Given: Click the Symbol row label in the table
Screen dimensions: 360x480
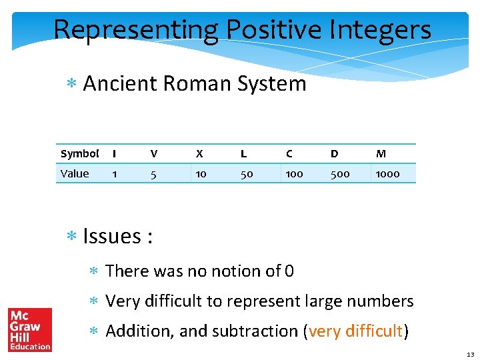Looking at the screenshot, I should tap(79, 154).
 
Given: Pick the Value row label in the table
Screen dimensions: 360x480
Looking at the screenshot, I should tap(75, 174).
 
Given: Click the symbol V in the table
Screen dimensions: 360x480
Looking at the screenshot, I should tap(154, 154).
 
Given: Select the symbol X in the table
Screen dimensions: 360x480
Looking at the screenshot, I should tap(199, 154).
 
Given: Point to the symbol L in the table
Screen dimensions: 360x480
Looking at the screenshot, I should tap(243, 154).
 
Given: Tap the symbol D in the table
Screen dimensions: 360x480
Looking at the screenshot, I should tap(334, 154).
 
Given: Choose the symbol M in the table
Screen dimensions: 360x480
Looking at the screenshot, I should tap(381, 154).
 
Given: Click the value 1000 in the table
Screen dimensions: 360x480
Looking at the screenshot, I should tap(387, 174).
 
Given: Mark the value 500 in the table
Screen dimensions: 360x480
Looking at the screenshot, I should tap(340, 174).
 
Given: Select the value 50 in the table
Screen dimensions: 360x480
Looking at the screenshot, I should tap(247, 174).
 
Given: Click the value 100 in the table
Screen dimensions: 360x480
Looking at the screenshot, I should tap(294, 174).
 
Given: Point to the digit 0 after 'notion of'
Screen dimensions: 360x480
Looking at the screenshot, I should tap(289, 271).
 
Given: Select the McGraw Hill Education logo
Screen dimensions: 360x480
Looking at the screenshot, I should tap(30, 329).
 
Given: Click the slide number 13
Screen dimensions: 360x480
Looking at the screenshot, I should tap(470, 354).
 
